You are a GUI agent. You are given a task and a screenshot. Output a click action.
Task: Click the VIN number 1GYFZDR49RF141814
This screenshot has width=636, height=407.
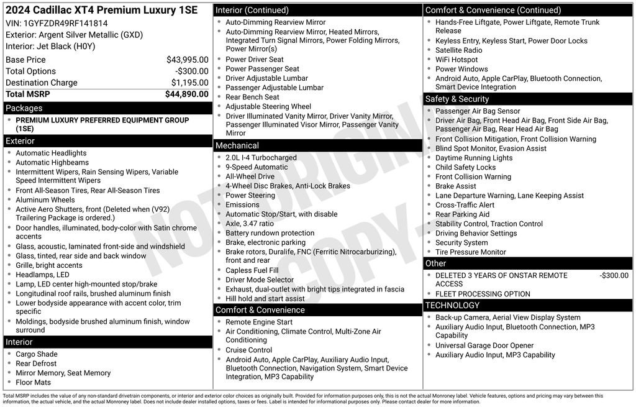(x=65, y=24)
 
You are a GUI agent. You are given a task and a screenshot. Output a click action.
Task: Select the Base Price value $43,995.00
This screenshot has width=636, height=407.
(x=187, y=60)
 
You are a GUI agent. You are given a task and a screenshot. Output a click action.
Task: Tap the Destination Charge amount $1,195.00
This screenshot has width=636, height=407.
(x=189, y=83)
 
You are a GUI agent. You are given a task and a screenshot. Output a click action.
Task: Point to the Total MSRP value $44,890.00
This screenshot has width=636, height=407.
(x=186, y=94)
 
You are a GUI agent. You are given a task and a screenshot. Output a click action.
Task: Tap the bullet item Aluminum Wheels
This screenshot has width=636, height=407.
(x=45, y=200)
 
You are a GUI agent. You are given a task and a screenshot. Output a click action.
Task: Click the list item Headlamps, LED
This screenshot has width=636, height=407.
(x=42, y=275)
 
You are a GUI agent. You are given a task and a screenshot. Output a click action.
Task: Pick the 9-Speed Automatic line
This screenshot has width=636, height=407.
(x=257, y=167)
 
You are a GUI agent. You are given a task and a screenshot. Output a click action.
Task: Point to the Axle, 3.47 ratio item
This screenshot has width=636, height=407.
(x=249, y=224)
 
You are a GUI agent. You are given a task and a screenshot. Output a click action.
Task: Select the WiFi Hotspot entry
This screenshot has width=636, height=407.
(x=457, y=60)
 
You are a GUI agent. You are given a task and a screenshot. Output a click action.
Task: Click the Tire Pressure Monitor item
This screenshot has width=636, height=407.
(x=470, y=252)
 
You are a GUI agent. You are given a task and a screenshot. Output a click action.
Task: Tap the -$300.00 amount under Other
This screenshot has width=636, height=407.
(x=614, y=275)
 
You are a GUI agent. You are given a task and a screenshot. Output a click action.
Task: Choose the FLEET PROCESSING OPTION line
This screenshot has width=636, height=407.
(x=483, y=294)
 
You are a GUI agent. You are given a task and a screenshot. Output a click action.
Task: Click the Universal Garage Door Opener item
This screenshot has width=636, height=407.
(x=484, y=345)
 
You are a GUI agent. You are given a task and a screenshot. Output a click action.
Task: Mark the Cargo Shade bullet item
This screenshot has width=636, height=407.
(x=37, y=354)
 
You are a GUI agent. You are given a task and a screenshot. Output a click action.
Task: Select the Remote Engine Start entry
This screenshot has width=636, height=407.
(x=259, y=322)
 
